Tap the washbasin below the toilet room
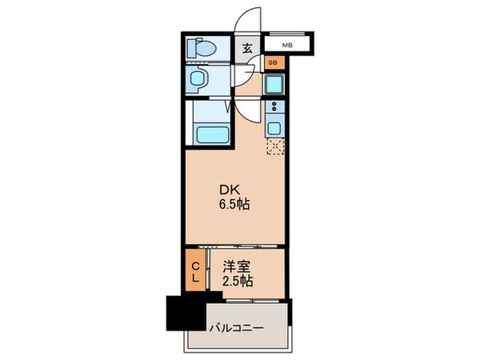pos(200,81)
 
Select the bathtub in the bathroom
pos(211,135)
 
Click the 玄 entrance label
pos(247,48)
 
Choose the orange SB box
pos(273,62)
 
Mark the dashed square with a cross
pos(276,146)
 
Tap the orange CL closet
pos(195,270)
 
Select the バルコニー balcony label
pos(236,328)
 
